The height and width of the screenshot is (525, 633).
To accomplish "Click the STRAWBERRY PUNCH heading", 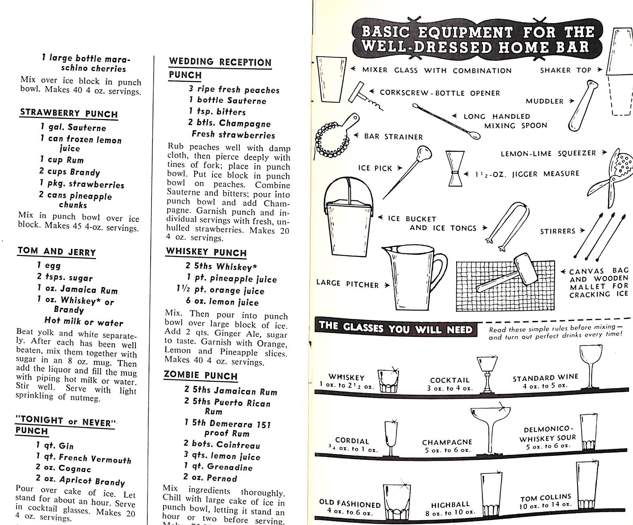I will (x=69, y=113).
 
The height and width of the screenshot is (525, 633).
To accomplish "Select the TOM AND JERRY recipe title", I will (x=57, y=252).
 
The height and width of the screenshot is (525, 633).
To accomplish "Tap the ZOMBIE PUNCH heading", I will (x=200, y=375).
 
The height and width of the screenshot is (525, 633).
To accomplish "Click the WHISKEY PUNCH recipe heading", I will (x=206, y=252).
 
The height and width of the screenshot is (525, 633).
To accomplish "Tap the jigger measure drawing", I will (x=455, y=168).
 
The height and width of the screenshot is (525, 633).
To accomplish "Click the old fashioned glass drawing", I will (x=397, y=502).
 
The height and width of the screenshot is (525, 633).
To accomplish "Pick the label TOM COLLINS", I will (x=545, y=498).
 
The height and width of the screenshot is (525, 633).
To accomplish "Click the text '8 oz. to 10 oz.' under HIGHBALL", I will (x=450, y=513).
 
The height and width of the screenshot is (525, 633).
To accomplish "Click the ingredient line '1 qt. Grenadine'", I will (x=218, y=467).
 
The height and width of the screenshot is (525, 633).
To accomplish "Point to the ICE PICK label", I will (x=375, y=168).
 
